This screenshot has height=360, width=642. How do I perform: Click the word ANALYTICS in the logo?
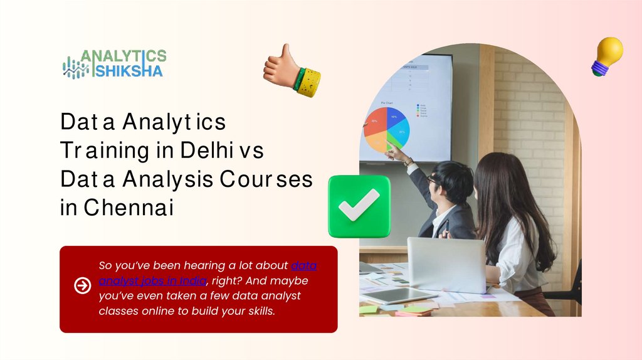click(124, 56)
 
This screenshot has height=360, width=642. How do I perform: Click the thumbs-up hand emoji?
click(290, 70)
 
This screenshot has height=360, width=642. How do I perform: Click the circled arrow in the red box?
click(82, 286)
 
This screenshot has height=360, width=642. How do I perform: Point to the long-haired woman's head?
click(498, 179)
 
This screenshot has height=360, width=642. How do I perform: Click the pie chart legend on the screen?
click(422, 110)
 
